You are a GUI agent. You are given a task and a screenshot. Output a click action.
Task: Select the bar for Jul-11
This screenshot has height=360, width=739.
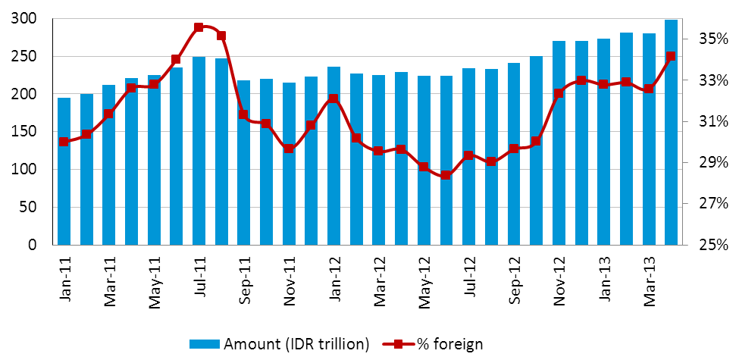(199, 151)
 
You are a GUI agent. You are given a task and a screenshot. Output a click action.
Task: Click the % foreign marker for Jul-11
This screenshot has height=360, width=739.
(199, 27)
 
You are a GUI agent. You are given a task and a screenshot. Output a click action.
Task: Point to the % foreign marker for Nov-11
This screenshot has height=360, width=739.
(289, 149)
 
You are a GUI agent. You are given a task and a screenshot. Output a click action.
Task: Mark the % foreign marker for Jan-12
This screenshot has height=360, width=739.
(333, 99)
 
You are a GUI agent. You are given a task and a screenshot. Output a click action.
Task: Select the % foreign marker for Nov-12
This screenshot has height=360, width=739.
(559, 94)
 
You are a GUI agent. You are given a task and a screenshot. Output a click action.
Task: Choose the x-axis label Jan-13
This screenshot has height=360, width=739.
(604, 280)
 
